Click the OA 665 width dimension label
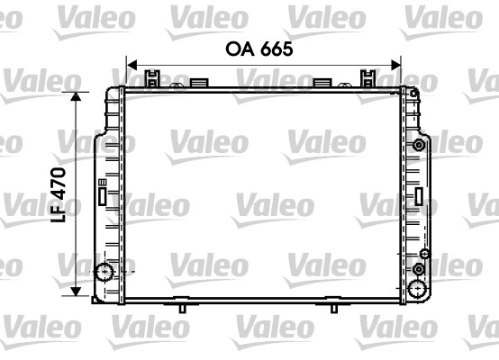259,49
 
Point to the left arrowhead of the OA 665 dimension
130,65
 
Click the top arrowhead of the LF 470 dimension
77,94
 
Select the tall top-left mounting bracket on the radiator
154,78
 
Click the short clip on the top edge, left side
198,84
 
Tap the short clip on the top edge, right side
321,84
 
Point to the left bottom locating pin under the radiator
182,308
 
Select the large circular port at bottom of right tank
418,288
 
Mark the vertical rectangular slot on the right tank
421,195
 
